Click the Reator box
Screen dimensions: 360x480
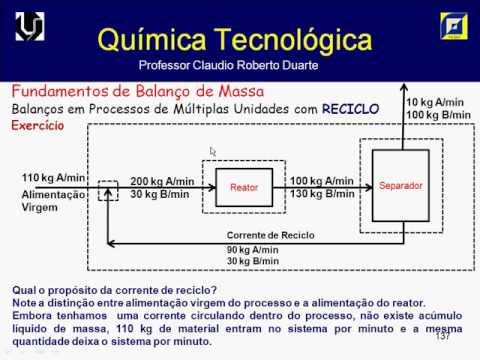[x=244, y=186]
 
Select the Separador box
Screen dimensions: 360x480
[x=401, y=185]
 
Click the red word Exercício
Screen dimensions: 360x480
[x=37, y=126]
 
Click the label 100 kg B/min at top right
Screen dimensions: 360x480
[x=437, y=116]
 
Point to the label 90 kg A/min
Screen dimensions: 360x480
[x=253, y=249]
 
